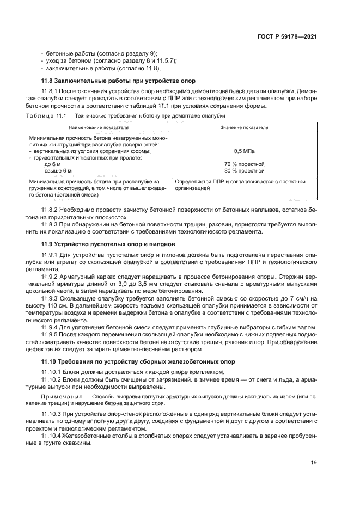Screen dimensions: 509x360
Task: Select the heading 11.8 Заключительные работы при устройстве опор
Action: pos(114,80)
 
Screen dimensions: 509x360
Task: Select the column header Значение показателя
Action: pos(244,127)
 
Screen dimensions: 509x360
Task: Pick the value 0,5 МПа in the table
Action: pos(244,151)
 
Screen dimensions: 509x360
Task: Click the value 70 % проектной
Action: pos(244,164)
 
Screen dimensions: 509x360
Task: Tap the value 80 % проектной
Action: pos(244,170)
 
